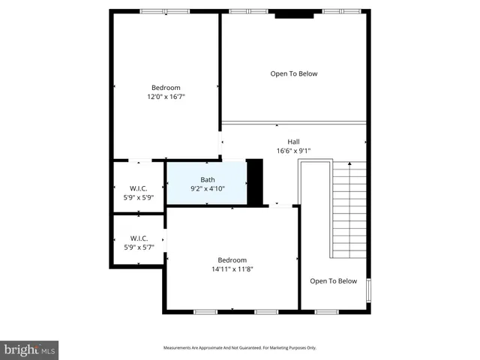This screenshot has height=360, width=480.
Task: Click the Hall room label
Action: [294, 141]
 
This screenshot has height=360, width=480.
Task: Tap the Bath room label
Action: [207, 179]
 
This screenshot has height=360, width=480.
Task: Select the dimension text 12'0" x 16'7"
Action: [166, 97]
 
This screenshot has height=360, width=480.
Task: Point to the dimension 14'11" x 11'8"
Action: [232, 269]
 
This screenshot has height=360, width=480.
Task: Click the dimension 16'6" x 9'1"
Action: [294, 151]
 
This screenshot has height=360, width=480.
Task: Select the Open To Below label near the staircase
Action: [334, 281]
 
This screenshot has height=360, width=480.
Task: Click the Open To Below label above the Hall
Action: [294, 73]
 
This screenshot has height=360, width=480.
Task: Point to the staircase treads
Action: [349, 210]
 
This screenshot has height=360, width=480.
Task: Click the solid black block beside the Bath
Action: [255, 181]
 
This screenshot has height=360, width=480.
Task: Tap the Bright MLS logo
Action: [29, 349]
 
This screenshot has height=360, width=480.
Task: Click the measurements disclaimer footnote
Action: [240, 348]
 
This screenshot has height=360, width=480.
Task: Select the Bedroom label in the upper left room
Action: [166, 87]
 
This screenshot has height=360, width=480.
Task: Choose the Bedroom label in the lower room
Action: [232, 260]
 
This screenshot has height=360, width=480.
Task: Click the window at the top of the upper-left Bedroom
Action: [165, 11]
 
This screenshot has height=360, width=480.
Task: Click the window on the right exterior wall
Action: [367, 290]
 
